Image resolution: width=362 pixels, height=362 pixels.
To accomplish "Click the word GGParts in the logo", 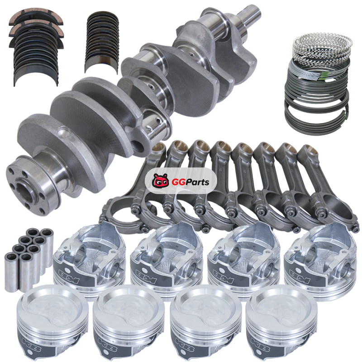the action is pyautogui.click(x=191, y=182).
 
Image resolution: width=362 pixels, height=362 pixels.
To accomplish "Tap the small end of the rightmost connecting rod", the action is pyautogui.click(x=307, y=152).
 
